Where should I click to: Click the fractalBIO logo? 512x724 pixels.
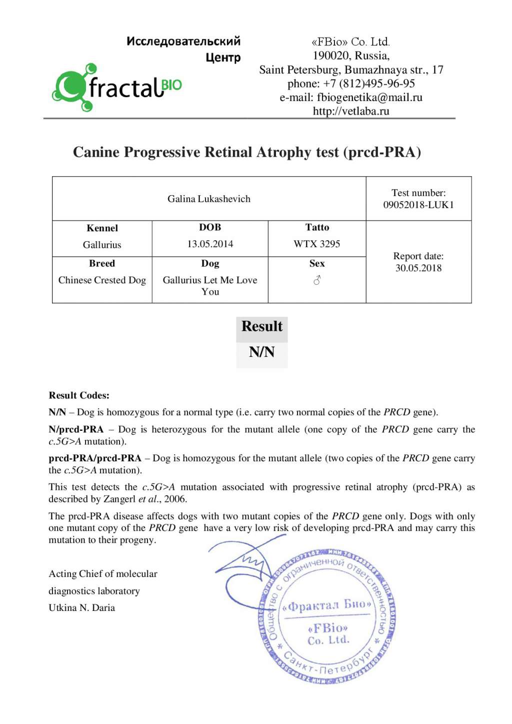117,88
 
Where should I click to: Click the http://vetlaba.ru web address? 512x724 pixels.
351,111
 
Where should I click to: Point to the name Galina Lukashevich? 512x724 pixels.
209,199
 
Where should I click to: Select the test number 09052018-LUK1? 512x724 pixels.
418,205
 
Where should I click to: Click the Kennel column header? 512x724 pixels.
102,228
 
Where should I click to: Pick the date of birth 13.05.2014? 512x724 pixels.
210,244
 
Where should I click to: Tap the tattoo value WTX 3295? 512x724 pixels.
316,244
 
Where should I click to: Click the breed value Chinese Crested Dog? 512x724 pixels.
102,280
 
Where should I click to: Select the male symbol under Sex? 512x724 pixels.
317,281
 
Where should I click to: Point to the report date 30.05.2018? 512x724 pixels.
418,268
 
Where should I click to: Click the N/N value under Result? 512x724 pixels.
261,352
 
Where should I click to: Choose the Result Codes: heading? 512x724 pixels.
79,395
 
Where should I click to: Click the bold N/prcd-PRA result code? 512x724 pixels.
76,429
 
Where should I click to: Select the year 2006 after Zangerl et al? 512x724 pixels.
175,499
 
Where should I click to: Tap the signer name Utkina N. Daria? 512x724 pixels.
81,607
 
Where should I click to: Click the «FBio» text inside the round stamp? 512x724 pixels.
327,628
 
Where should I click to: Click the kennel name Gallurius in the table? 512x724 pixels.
102,245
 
